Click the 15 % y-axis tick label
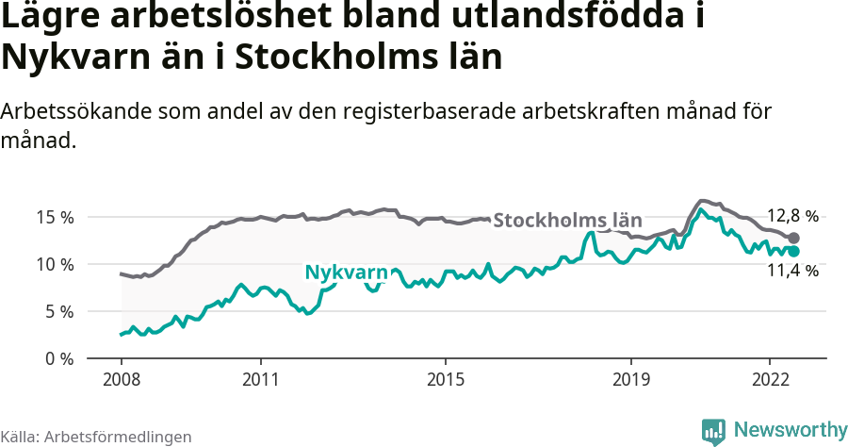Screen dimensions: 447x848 pos(55,217)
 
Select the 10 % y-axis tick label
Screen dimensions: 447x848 pos(55,264)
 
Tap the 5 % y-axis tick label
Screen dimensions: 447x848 pos(58,311)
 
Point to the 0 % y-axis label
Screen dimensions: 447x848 pos(58,358)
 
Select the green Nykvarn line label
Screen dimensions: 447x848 pos(346,273)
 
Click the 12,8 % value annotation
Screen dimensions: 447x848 pos(792,215)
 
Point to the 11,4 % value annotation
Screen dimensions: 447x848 pos(792,271)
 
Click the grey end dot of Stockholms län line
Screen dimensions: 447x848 pos(793,239)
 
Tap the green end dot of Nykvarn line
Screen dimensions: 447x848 pos(793,252)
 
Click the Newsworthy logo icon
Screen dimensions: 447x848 pos(713,431)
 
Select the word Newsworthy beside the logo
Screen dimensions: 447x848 pos(790,430)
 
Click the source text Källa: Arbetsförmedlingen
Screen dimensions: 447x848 pos(96,437)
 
